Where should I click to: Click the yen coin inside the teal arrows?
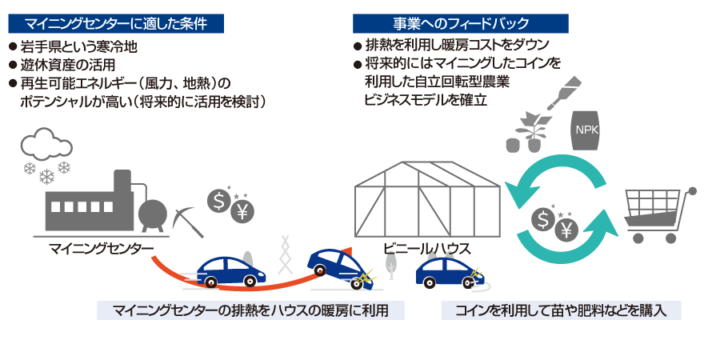coord(566,230)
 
